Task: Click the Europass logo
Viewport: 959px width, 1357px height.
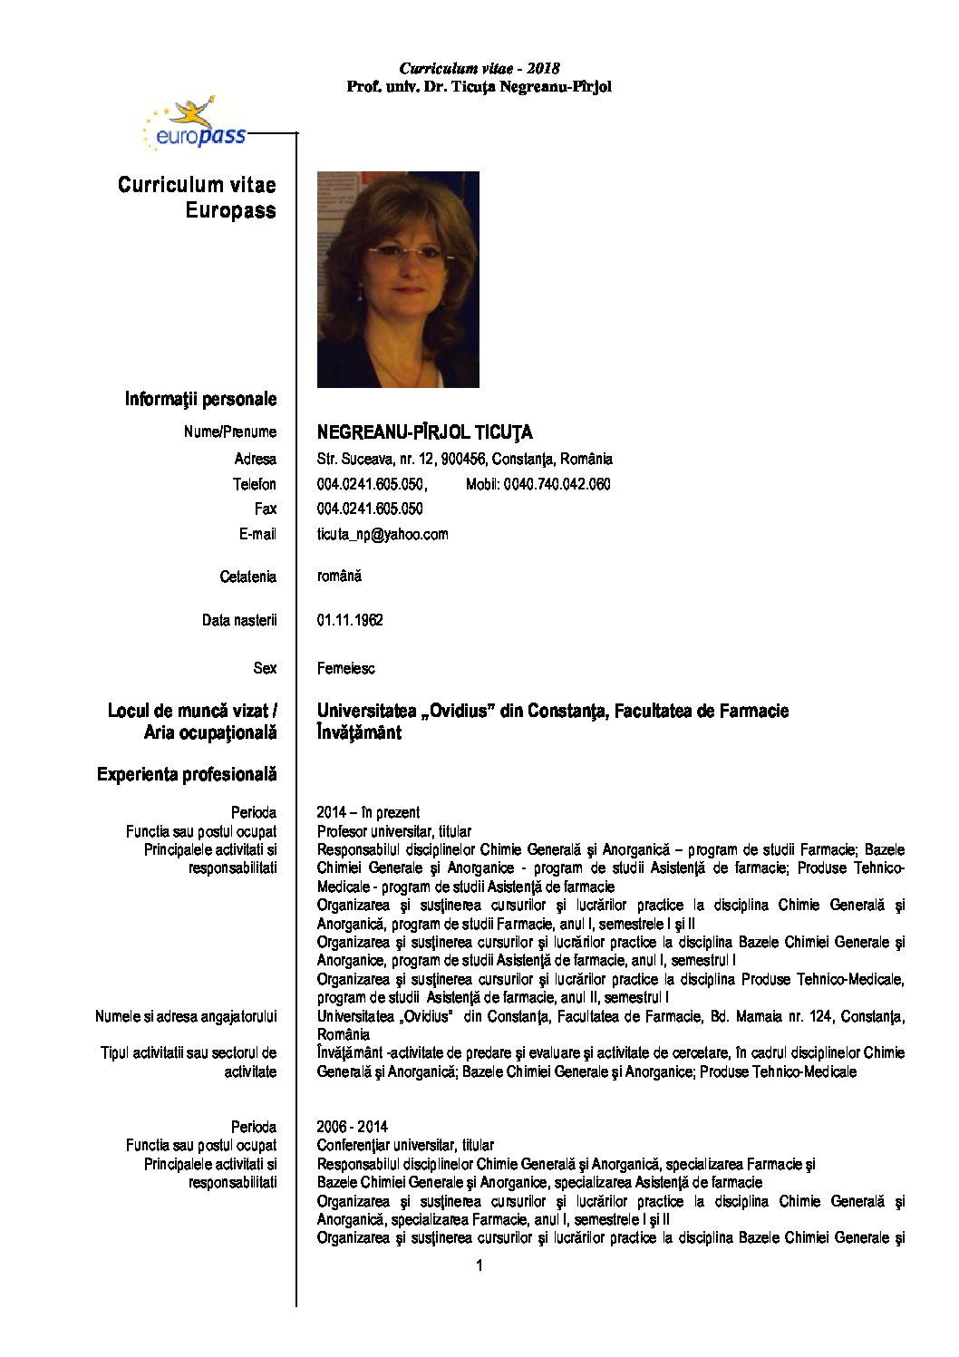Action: coord(195,125)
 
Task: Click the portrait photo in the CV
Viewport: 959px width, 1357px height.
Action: coord(398,279)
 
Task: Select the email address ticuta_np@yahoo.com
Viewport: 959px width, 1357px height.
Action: coord(383,534)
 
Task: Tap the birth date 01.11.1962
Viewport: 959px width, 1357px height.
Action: coord(350,620)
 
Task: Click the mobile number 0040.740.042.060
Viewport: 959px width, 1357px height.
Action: coord(538,484)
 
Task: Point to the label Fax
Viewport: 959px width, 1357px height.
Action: coord(265,509)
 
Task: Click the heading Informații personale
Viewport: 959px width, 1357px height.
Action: coord(200,399)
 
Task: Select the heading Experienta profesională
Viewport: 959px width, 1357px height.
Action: coord(187,774)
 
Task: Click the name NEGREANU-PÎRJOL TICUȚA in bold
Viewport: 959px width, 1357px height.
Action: coord(424,432)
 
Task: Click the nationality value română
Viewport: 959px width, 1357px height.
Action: coord(339,576)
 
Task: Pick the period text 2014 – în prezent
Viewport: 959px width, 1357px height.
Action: coord(368,812)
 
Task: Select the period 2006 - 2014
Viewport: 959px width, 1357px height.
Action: coord(352,1127)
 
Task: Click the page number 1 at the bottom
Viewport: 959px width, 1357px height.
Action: coord(479,1265)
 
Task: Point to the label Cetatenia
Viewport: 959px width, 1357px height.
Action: coord(247,577)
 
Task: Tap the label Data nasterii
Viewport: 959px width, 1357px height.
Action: coord(239,620)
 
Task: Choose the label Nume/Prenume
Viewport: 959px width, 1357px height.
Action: coord(229,431)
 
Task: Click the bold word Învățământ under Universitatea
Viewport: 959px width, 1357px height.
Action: coord(359,732)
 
